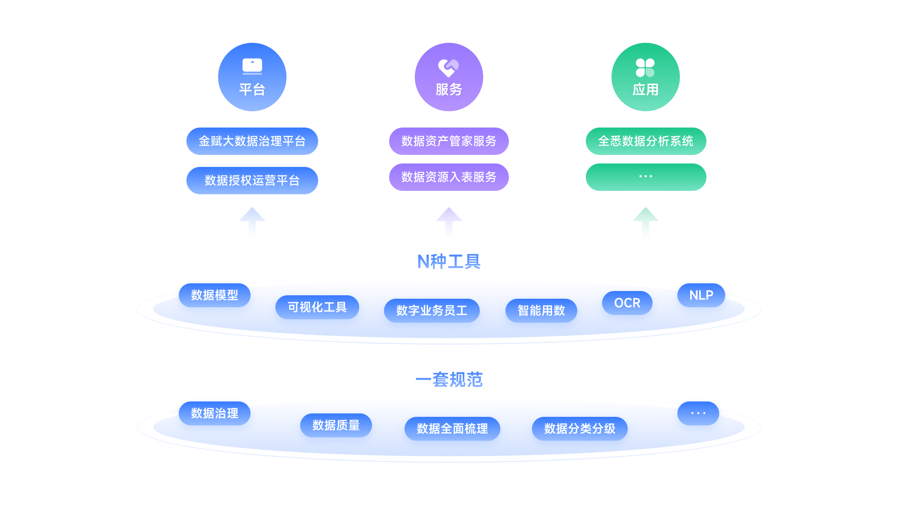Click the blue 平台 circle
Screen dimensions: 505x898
coord(252,77)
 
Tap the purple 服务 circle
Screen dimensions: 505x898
coord(449,77)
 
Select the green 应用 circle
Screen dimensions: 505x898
coord(646,77)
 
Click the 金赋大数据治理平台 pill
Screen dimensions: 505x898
coord(252,141)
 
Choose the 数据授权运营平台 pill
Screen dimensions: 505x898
coord(252,181)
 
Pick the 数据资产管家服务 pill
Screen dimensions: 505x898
coord(449,141)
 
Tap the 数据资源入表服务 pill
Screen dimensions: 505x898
coord(449,177)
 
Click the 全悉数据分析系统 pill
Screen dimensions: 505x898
coord(646,141)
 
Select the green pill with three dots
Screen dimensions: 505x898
coord(646,177)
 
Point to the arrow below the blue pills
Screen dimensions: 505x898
coord(252,223)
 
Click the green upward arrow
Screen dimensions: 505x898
coord(646,223)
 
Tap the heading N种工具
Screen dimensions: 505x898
coord(449,261)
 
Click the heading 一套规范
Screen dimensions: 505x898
coord(449,380)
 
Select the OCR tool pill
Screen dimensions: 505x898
coord(627,303)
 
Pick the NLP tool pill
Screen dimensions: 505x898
coord(701,295)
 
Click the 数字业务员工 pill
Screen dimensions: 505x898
coord(432,311)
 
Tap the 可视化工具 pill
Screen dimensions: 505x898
coord(317,307)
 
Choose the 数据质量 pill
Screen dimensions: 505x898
coord(336,425)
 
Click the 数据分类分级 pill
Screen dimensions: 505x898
coord(580,429)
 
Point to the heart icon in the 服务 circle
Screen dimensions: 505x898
coord(448,68)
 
